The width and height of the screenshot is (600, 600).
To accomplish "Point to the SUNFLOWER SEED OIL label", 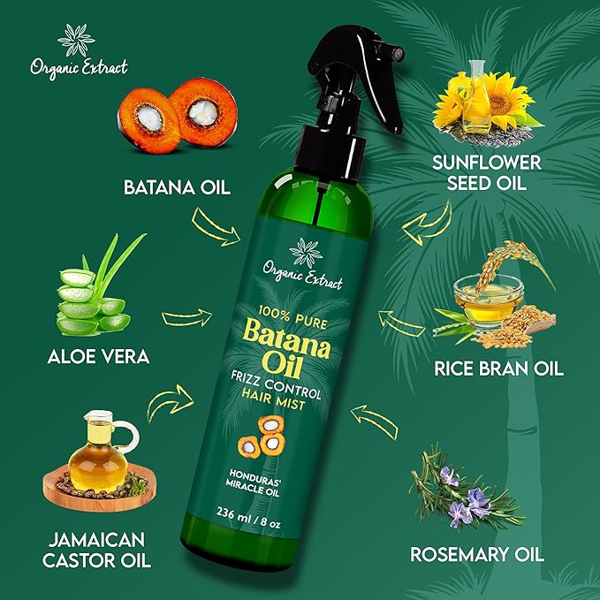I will (487, 172).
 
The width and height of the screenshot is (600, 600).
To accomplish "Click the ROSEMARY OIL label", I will (477, 555).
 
